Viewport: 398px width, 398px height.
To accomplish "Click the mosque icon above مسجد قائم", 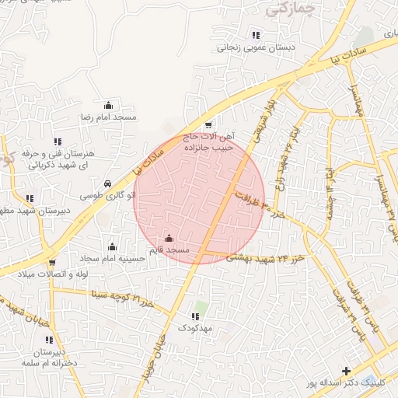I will pos(169,238).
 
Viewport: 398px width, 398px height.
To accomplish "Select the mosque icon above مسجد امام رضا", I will pos(108,105).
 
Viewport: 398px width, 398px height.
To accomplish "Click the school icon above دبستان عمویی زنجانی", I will pos(256,35).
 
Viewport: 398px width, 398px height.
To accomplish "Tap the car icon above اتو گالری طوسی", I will pos(117,174).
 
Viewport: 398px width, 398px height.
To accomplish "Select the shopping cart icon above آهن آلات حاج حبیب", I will pos(208,125).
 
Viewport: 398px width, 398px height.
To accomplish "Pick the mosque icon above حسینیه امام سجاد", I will pos(112,246).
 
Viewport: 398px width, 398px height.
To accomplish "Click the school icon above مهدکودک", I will pos(195,316).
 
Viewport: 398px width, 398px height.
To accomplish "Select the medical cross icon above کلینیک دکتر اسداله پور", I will pos(347,371).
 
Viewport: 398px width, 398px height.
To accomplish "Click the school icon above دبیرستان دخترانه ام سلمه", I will pos(48,340).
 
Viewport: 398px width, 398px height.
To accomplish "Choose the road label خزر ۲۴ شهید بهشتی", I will pos(264,257).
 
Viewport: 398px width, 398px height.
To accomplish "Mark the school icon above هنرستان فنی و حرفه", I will pos(57,141).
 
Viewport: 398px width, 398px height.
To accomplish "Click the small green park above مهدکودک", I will pos(201,305).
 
